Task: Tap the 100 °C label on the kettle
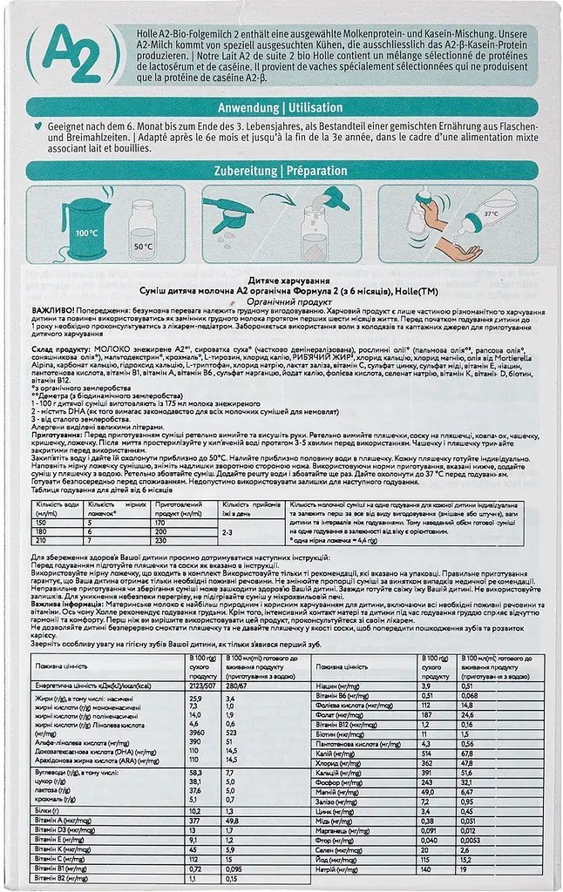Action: pos(86,234)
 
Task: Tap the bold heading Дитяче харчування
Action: pos(281,277)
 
